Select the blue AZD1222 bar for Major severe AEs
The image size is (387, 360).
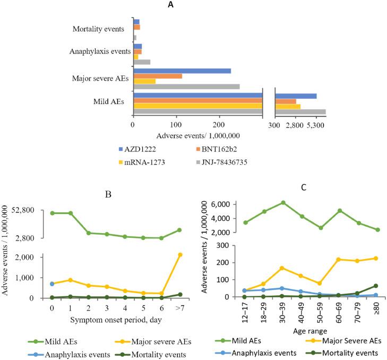coord(182,71)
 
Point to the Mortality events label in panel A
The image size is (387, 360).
coord(99,29)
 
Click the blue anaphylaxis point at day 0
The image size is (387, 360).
coord(51,284)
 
